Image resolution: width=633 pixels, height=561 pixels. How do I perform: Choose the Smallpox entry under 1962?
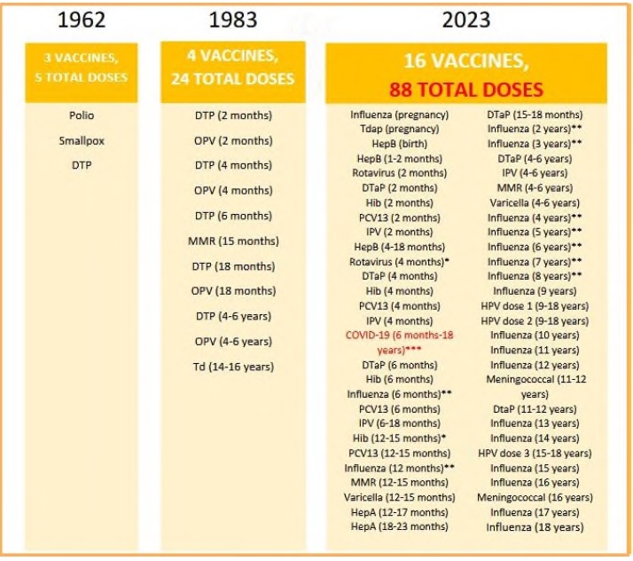81,139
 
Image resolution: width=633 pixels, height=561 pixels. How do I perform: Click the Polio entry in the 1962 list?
81,115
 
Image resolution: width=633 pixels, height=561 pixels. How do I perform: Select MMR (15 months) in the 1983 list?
233,241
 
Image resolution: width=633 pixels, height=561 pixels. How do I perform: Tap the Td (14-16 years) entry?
233,367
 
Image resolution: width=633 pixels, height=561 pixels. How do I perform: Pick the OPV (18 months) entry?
233,290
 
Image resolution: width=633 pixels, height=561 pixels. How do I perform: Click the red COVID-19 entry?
398,343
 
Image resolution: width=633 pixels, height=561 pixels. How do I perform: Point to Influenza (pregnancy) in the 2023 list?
399,115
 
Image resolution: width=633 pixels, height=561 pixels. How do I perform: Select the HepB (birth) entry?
399,144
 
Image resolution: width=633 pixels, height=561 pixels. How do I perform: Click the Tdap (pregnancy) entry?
399,130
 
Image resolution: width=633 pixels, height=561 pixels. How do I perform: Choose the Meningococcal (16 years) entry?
535,498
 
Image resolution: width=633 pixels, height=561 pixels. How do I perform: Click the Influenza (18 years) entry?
535,527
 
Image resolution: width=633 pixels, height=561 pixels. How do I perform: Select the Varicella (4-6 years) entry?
535,202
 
